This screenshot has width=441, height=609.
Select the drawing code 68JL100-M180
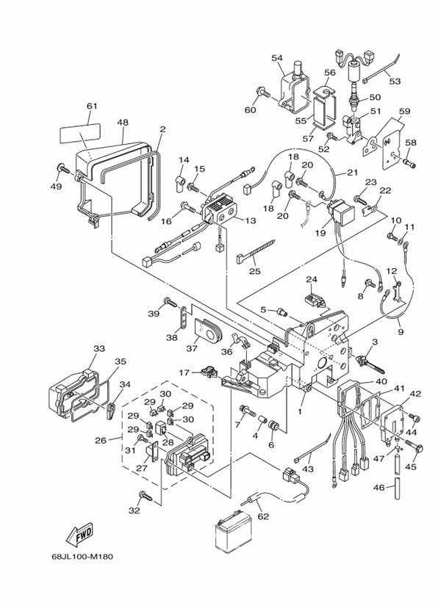(82, 555)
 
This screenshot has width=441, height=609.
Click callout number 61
(92, 107)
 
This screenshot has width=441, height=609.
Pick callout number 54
(276, 58)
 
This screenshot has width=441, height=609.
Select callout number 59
(404, 112)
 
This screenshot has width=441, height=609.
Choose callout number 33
(98, 348)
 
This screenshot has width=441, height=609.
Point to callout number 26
(100, 441)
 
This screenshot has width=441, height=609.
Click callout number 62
(264, 516)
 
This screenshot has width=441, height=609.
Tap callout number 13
(251, 221)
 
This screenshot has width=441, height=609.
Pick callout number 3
(374, 343)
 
